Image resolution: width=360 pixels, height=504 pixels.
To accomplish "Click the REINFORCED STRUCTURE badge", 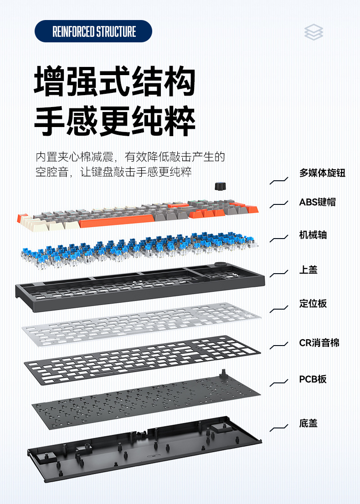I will (x=93, y=31).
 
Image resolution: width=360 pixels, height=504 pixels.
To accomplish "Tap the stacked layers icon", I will (x=314, y=32).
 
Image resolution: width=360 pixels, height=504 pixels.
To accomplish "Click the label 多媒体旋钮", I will (x=322, y=173).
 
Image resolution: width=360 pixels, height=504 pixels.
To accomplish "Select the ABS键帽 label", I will (x=317, y=202).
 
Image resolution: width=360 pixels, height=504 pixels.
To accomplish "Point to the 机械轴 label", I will (x=313, y=235).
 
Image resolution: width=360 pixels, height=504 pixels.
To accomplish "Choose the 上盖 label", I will (x=308, y=270).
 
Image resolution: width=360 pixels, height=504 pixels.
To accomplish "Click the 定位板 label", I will (x=313, y=304).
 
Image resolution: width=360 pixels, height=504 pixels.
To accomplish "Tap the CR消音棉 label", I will (x=319, y=343).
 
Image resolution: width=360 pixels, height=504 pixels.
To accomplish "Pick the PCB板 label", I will (x=313, y=379).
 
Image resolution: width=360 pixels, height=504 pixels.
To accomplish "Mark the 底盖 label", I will (x=308, y=423).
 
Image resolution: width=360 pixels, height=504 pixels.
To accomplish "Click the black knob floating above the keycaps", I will (x=220, y=186).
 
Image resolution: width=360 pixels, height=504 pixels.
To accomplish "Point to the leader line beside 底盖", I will (x=279, y=428).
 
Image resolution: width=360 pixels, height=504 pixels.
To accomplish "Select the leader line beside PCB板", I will (x=279, y=384).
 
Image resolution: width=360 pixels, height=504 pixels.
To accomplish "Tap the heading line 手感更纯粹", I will (x=115, y=122).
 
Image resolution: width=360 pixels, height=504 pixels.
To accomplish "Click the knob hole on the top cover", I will (x=222, y=265).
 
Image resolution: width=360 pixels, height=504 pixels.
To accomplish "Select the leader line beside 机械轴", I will (x=279, y=239).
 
